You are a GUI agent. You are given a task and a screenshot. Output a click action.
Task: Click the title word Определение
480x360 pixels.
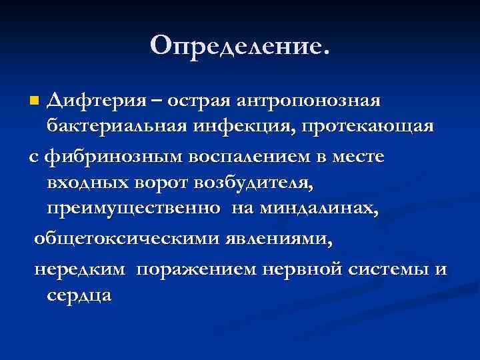pyautogui.click(x=239, y=45)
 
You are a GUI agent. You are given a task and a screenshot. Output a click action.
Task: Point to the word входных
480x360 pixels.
pyautogui.click(x=86, y=182)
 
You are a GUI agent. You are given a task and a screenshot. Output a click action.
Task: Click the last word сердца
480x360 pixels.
pyautogui.click(x=78, y=295)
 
